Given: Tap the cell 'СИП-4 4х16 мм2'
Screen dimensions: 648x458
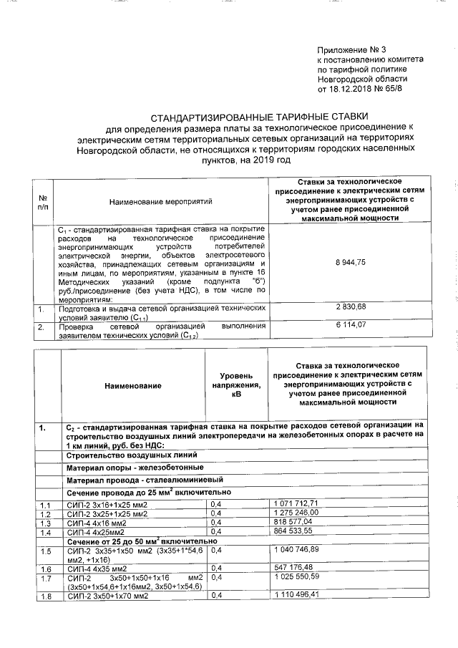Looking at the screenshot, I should pyautogui.click(x=107, y=523).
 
